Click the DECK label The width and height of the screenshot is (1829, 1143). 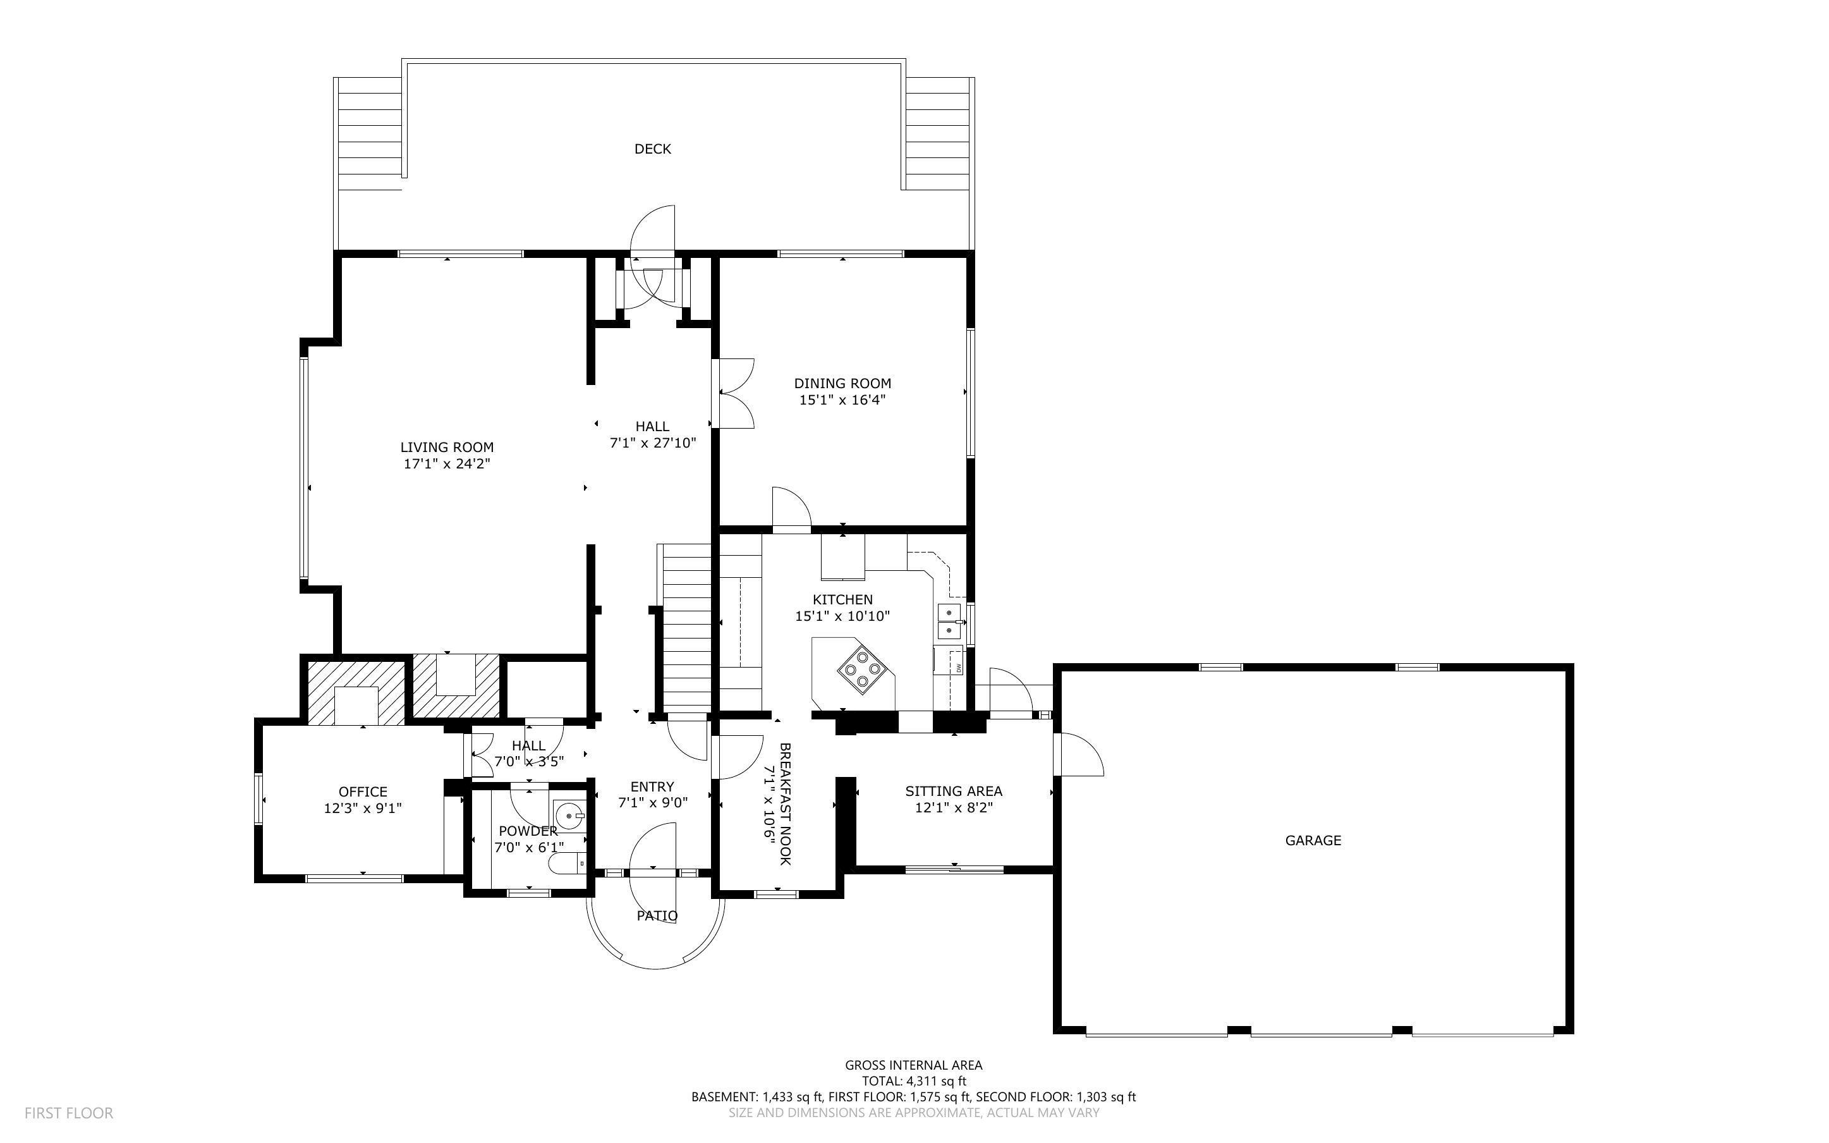pyautogui.click(x=652, y=149)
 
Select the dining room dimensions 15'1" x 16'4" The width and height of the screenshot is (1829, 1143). pyautogui.click(x=842, y=400)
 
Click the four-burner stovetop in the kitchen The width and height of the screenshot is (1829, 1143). pyautogui.click(x=861, y=669)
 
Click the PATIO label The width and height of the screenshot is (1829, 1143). pyautogui.click(x=657, y=915)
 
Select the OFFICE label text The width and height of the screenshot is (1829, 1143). pyautogui.click(x=363, y=792)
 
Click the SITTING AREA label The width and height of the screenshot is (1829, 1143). pyautogui.click(x=954, y=791)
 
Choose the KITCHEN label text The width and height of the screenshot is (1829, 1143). pyautogui.click(x=842, y=599)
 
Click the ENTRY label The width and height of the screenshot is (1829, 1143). pyautogui.click(x=652, y=786)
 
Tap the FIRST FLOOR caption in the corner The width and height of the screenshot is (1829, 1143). pyautogui.click(x=69, y=1113)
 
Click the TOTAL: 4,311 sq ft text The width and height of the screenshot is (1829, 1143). pyautogui.click(x=913, y=1081)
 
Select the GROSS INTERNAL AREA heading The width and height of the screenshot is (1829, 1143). pyautogui.click(x=913, y=1065)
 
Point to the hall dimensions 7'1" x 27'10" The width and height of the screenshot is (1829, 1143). pyautogui.click(x=653, y=443)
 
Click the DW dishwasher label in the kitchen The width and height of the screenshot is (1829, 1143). pyautogui.click(x=959, y=668)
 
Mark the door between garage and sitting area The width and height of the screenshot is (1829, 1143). pyautogui.click(x=1079, y=754)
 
